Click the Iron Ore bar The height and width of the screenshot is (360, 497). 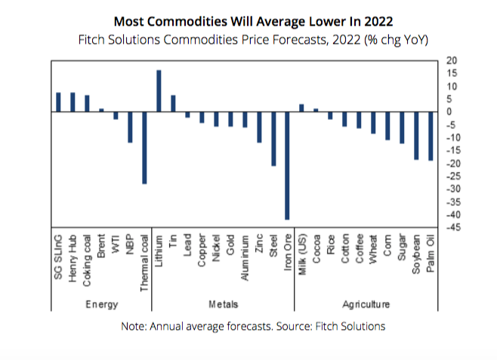[287, 165]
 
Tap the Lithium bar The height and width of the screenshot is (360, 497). [159, 91]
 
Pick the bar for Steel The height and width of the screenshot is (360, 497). [273, 139]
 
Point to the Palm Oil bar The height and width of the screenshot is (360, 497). [431, 136]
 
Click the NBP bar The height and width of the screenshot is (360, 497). [130, 127]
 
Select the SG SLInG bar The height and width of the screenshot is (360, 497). [58, 102]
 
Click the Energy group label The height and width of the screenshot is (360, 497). [100, 304]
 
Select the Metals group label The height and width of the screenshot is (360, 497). [223, 304]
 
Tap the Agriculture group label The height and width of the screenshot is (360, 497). [366, 304]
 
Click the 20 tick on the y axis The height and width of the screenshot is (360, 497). [452, 60]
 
